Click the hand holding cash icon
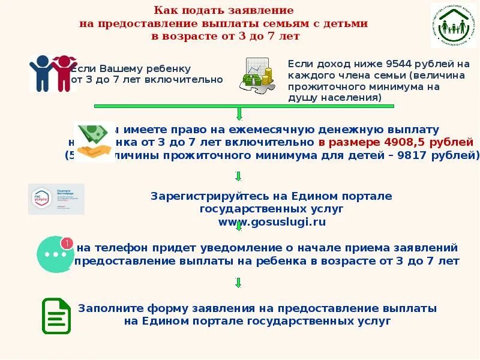94,142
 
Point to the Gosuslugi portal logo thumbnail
56,199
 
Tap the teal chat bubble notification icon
55,254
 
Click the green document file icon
56,316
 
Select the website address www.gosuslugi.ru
272,222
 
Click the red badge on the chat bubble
67,243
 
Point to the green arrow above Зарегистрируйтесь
238,176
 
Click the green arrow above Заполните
238,283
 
